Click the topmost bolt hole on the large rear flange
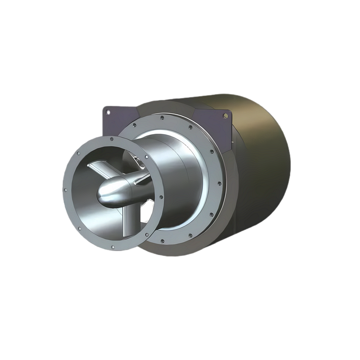point(162,119)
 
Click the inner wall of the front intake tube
point(83,198)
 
